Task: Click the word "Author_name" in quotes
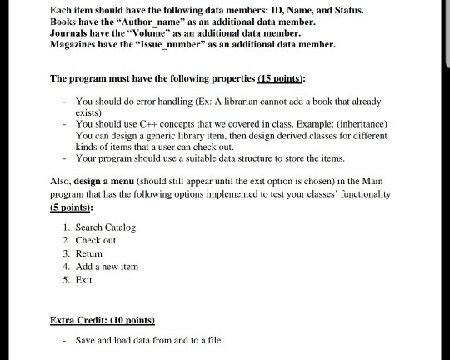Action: coord(152,21)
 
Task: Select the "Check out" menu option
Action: coord(96,240)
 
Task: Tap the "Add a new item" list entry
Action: coord(107,266)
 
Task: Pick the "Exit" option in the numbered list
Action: coord(83,279)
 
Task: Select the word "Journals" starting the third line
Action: coord(72,33)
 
